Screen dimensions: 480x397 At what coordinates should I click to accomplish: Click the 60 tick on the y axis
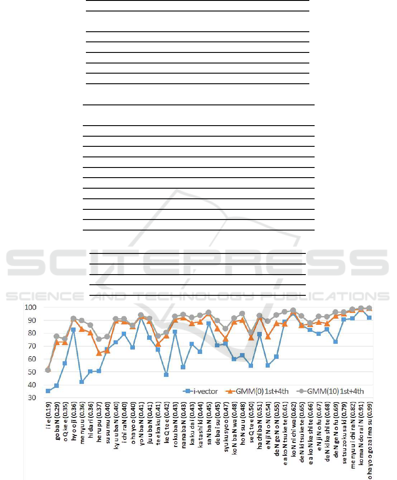31,359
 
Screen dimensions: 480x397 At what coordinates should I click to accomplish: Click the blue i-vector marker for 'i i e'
48,391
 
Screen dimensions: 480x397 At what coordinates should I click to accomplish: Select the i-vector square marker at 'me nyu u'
82,382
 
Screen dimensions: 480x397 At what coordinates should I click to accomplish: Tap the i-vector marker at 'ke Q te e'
166,375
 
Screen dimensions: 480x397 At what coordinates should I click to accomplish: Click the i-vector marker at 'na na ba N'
183,367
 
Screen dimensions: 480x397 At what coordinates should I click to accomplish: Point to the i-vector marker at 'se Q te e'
251,365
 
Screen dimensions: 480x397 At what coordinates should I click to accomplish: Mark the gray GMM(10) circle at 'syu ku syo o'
225,328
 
